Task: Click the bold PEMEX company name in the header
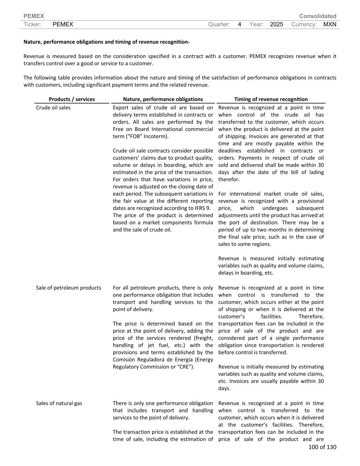[x=34, y=16]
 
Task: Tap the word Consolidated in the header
[x=317, y=16]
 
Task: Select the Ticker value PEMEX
[x=63, y=24]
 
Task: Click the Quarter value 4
[x=240, y=24]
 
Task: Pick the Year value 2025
[x=276, y=24]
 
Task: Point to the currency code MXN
[x=330, y=24]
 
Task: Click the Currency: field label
[x=304, y=24]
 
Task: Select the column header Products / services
[x=72, y=99]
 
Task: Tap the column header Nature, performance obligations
[x=163, y=99]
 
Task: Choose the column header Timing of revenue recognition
[x=271, y=99]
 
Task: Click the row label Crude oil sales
[x=53, y=108]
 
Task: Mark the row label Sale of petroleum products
[x=69, y=288]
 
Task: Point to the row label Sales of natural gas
[x=59, y=403]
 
